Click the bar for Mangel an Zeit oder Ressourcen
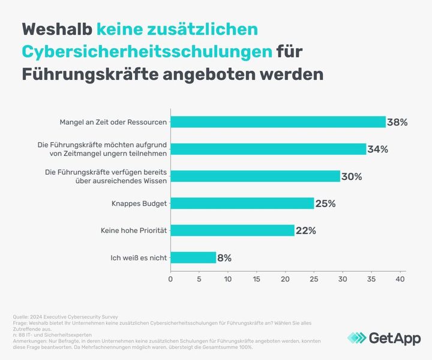(278, 122)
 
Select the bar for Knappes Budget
(242, 203)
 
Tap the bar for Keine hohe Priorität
(233, 230)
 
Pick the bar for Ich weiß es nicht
(193, 257)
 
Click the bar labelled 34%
(268, 149)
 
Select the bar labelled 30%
(256, 176)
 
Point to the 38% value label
(397, 122)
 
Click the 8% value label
(224, 258)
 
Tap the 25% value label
(325, 204)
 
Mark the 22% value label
(305, 231)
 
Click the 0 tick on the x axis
(171, 279)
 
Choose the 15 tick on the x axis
(257, 279)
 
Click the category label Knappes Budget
(139, 203)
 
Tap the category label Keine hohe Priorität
(134, 230)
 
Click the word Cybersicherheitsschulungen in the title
(146, 52)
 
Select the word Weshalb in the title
(57, 29)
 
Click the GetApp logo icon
(358, 338)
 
